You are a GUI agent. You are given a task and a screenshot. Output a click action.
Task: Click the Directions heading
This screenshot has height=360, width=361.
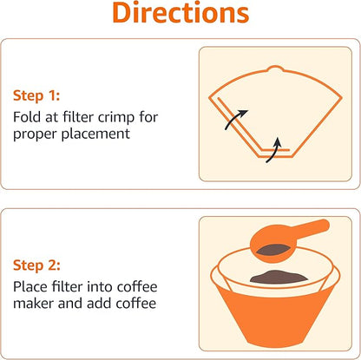(180, 14)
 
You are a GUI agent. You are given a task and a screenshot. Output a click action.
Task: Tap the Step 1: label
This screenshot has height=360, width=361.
(36, 95)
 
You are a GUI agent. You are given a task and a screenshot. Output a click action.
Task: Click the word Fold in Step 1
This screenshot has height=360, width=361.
(26, 117)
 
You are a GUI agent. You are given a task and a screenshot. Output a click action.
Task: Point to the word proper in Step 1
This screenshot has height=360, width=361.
(33, 134)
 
